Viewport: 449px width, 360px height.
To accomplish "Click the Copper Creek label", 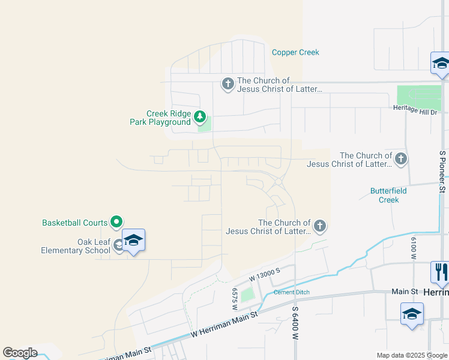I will coord(295,52).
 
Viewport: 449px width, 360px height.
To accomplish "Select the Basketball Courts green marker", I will coord(117,222).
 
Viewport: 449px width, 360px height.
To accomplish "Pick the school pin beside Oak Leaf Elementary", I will coord(133,241).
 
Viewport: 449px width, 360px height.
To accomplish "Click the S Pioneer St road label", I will coord(442,172).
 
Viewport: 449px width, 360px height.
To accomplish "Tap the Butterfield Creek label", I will coord(384,195).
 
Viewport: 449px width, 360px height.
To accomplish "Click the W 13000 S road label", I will coord(265,275).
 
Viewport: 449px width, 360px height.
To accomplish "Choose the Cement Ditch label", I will coord(291,292).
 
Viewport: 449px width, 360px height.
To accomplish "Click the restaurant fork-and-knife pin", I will coord(441,272).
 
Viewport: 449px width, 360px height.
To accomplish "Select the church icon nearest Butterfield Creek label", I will coord(401,159).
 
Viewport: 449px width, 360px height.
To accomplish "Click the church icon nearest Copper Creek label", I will coord(228,84).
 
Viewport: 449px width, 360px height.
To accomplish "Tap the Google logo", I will coord(20,353).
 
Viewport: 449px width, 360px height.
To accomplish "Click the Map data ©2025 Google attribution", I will coord(412,355).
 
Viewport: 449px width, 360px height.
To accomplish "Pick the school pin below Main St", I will coord(412,314).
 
